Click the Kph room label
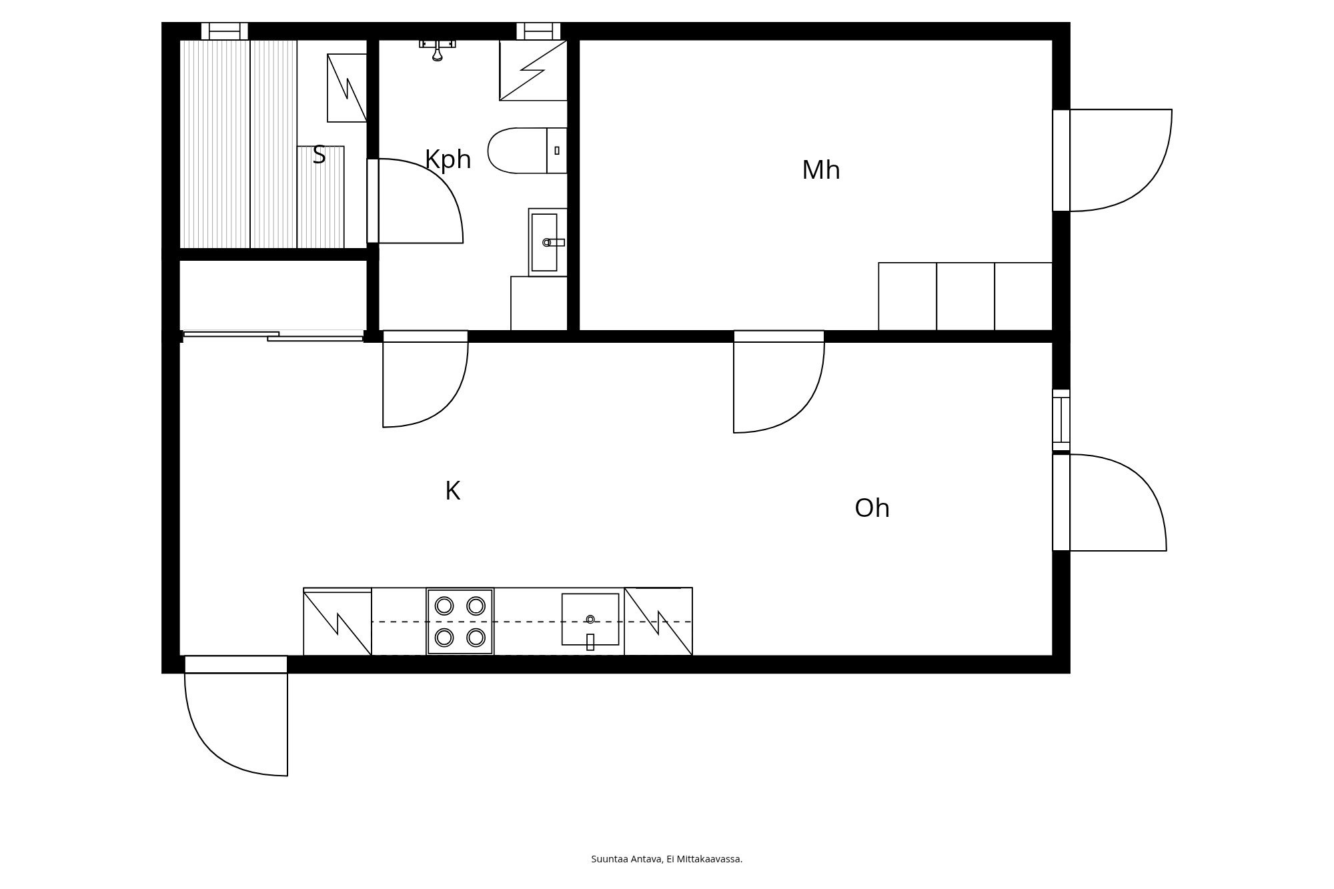click(x=448, y=160)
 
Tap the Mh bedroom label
click(x=820, y=170)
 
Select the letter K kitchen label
click(x=452, y=492)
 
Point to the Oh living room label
click(x=872, y=508)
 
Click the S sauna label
click(x=319, y=155)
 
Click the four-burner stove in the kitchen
click(x=460, y=622)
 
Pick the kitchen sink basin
click(x=590, y=620)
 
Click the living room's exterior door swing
click(x=1114, y=503)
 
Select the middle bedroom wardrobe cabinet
click(x=965, y=296)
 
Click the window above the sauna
click(x=224, y=31)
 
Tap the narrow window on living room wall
click(x=1061, y=420)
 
